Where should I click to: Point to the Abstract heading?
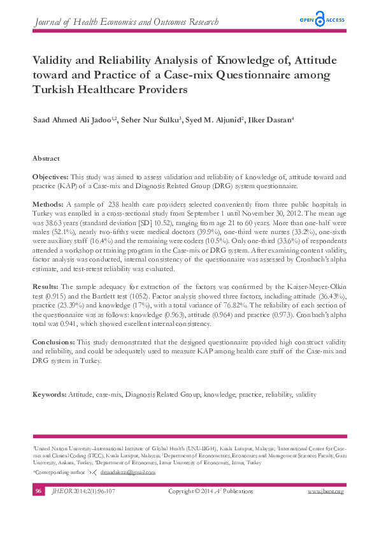46,158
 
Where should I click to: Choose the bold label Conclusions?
54,342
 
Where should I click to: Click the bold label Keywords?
50,395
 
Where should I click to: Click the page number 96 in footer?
39,491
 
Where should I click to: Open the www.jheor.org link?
325,491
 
